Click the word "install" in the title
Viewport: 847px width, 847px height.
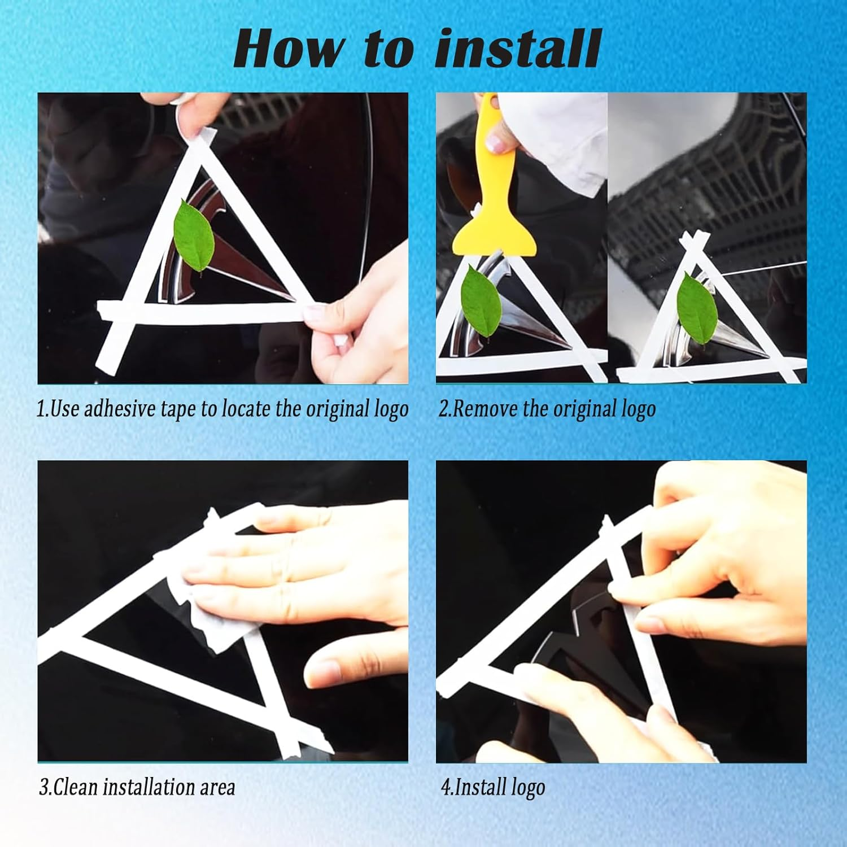(517, 49)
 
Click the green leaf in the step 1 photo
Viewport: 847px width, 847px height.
(194, 237)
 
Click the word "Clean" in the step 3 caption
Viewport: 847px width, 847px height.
(76, 787)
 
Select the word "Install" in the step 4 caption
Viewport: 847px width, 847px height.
(475, 787)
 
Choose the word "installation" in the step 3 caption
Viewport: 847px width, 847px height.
(147, 787)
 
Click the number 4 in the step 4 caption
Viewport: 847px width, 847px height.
(446, 787)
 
